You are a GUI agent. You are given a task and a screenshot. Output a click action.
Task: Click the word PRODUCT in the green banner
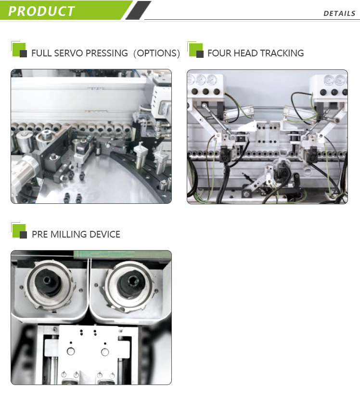[x=42, y=11]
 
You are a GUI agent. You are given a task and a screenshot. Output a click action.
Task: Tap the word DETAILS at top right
[x=339, y=13]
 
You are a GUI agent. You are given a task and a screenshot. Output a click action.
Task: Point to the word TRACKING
[x=282, y=53]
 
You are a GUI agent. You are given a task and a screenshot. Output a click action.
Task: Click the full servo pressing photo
[x=91, y=136]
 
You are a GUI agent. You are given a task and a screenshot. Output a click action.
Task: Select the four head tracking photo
[x=267, y=136]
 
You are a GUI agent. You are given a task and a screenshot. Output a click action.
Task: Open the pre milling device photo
[x=91, y=317]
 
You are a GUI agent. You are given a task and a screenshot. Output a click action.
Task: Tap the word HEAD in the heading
[x=245, y=53]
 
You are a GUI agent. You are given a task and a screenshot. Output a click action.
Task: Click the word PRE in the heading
[x=39, y=234]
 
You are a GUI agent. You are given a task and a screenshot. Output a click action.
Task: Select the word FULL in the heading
[x=41, y=53]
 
